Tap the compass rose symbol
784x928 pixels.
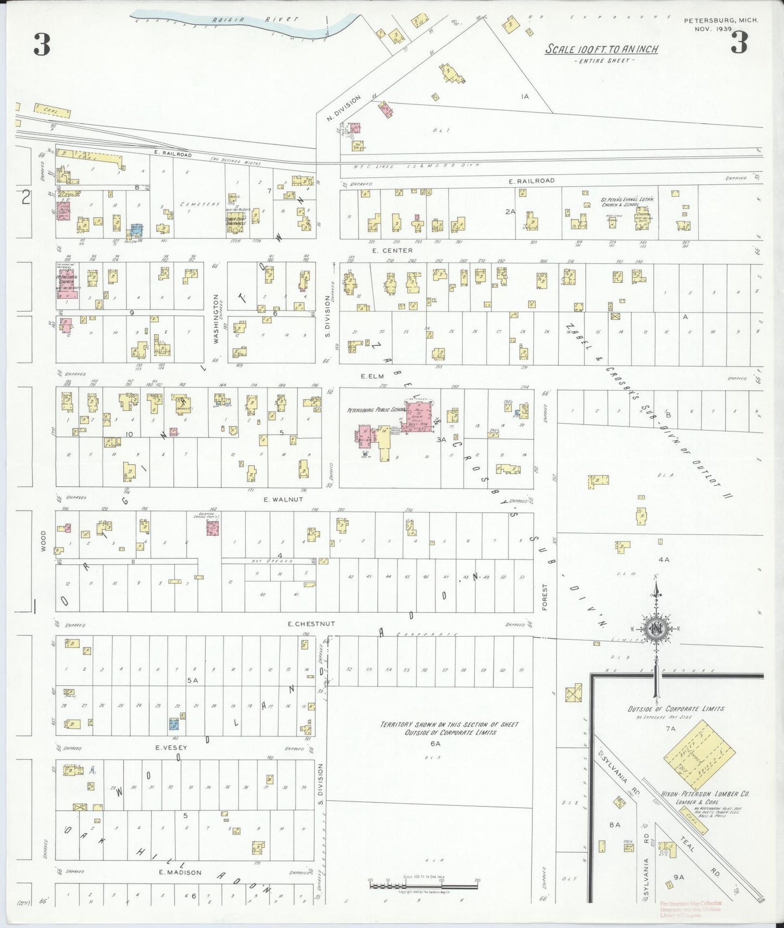click(x=655, y=630)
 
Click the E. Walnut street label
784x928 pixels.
click(x=283, y=499)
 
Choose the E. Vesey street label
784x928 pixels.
click(x=171, y=748)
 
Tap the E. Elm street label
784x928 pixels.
click(x=372, y=376)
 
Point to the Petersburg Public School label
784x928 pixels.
click(x=374, y=410)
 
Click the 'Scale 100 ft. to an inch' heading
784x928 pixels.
click(x=602, y=49)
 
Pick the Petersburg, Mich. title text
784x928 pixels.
click(x=721, y=21)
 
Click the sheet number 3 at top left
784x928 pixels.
click(x=42, y=45)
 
